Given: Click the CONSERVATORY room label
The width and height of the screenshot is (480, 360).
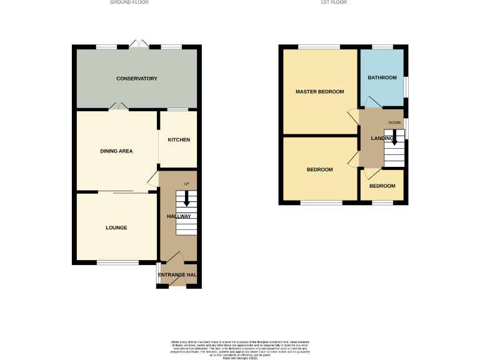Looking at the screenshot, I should click(x=136, y=79).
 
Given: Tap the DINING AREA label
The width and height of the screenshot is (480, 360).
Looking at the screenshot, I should click(x=116, y=151).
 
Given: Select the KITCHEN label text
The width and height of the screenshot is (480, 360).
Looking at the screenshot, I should click(x=179, y=140).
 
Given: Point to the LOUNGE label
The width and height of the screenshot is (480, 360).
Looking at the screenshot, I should click(x=116, y=228).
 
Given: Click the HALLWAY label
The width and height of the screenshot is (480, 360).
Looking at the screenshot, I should click(x=178, y=217).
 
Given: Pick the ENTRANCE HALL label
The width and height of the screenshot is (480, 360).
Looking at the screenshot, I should click(x=178, y=275).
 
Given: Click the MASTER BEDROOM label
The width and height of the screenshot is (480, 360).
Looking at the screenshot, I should click(x=320, y=92).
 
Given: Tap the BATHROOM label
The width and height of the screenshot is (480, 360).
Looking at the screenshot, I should click(x=382, y=78).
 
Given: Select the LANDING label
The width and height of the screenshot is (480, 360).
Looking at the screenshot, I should click(x=382, y=138).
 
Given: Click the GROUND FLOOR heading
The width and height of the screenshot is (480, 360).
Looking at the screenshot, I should click(x=129, y=2).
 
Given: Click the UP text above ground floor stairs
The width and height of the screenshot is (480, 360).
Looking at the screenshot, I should click(x=186, y=183).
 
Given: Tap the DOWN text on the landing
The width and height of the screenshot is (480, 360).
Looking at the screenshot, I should click(x=394, y=122).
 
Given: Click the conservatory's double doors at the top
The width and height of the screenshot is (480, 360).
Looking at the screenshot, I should click(x=137, y=44).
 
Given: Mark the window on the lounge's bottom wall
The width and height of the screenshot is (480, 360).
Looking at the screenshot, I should click(x=117, y=262).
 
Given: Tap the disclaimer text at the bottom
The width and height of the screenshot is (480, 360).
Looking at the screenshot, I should click(x=240, y=349).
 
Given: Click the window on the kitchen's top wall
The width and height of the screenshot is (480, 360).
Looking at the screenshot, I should click(x=178, y=110).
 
